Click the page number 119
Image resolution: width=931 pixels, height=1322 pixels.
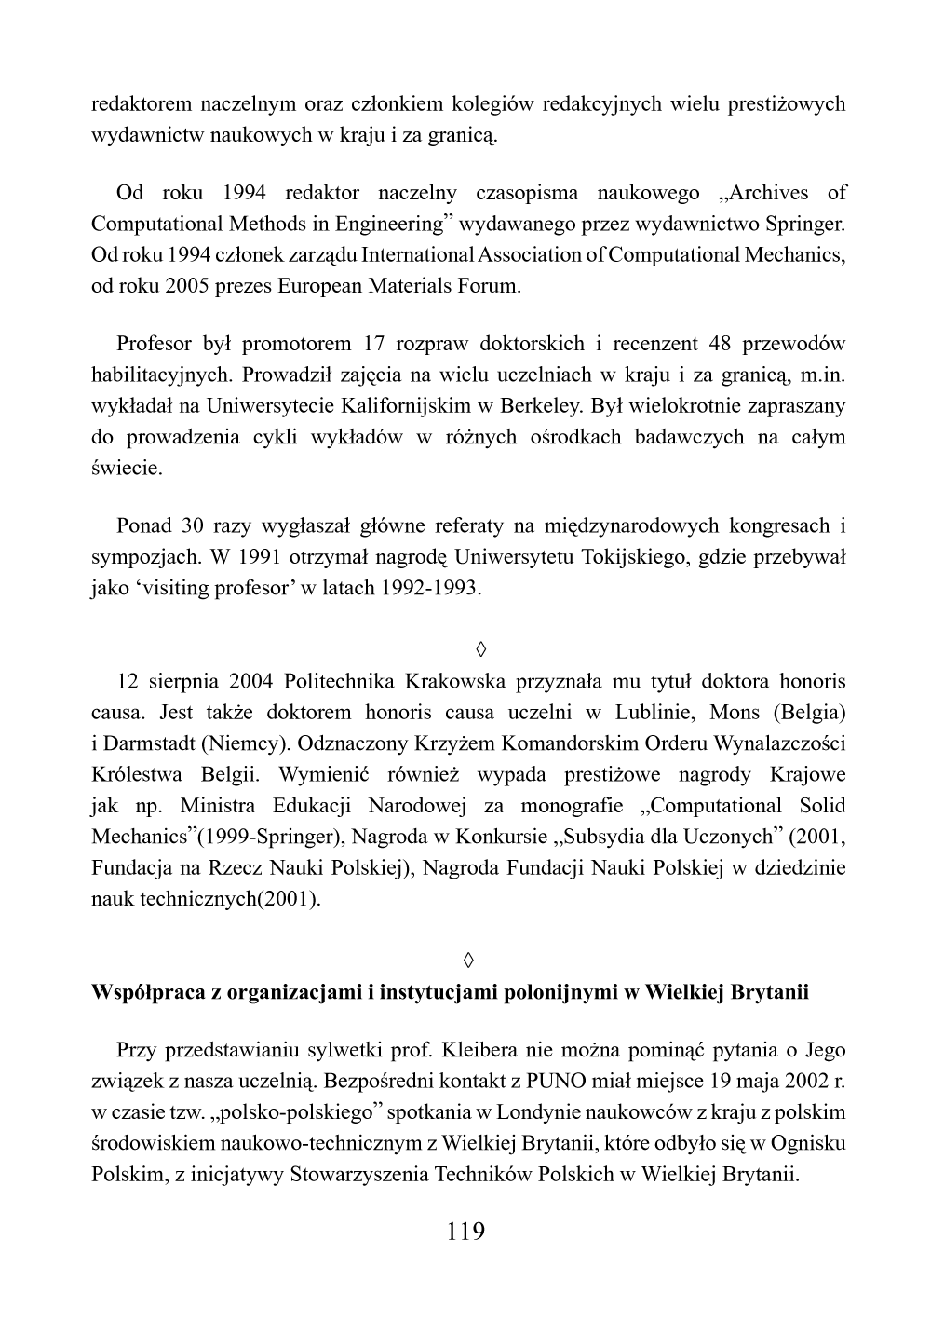465,1232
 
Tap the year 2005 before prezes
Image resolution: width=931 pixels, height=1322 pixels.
186,285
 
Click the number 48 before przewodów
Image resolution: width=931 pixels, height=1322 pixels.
721,344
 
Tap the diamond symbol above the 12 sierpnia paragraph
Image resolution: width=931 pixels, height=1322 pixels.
465,647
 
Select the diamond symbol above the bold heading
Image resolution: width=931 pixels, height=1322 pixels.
465,959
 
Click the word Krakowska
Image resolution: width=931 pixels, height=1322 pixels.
455,681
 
